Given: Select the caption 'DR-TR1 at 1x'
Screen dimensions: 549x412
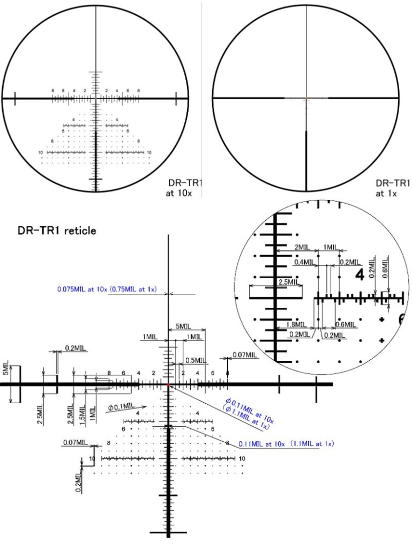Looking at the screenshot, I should (392, 188).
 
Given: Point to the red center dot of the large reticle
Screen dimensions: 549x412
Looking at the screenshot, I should (169, 384).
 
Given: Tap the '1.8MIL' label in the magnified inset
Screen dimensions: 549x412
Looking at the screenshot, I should (296, 324).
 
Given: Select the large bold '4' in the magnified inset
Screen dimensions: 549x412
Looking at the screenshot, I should (359, 276).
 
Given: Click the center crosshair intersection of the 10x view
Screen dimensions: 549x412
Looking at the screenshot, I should (96, 99).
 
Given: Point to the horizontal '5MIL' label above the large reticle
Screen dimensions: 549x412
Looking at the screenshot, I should (183, 326).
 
